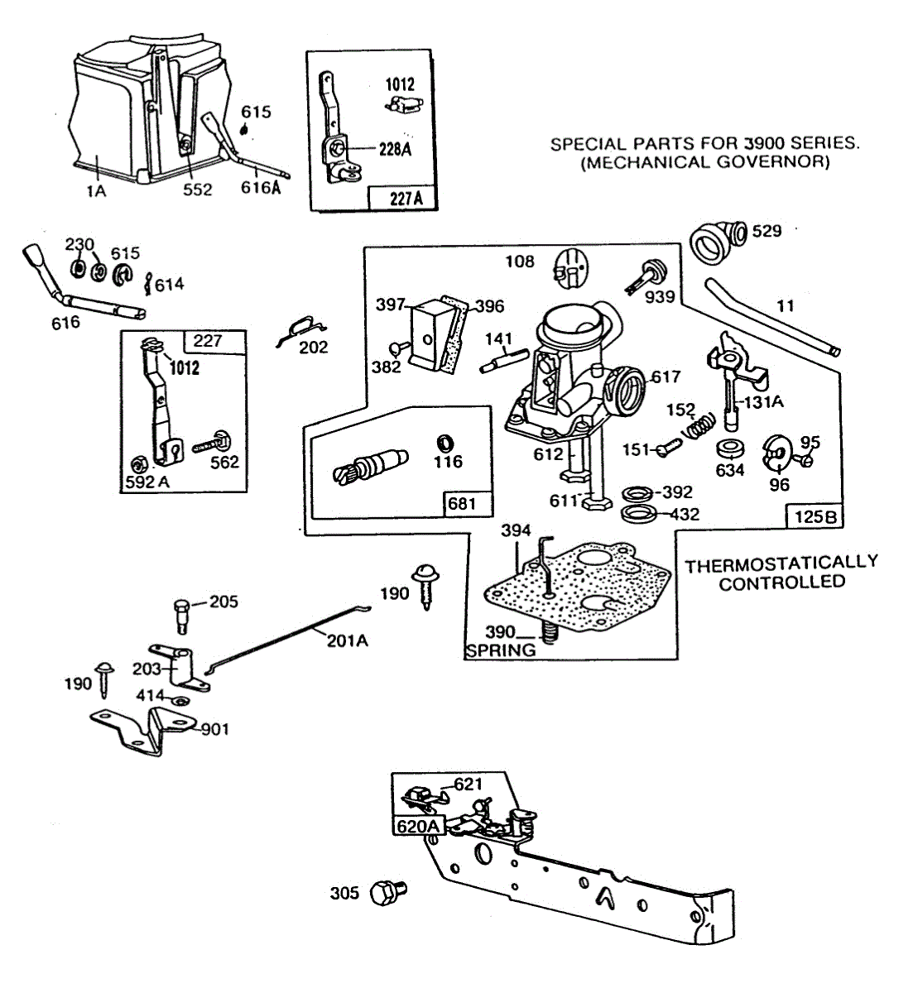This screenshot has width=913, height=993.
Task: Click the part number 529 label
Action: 766,231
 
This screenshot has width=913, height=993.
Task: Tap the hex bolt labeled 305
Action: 388,893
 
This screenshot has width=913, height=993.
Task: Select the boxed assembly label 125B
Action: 815,517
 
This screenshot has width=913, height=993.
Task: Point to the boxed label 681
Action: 462,504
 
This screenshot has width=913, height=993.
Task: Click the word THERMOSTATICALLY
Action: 781,563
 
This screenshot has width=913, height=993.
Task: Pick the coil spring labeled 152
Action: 699,425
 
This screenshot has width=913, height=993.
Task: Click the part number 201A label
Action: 348,641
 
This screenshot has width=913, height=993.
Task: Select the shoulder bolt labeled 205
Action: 182,616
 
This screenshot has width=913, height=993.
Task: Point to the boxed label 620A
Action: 419,826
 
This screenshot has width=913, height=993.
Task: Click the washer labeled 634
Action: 731,449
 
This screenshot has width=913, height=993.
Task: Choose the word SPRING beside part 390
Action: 501,650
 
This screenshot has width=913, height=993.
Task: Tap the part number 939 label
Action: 660,297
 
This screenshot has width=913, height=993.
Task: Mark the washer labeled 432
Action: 639,513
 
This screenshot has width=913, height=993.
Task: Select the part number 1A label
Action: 97,190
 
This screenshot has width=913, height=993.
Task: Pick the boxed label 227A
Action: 406,199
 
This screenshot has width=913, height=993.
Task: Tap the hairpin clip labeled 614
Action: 147,284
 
